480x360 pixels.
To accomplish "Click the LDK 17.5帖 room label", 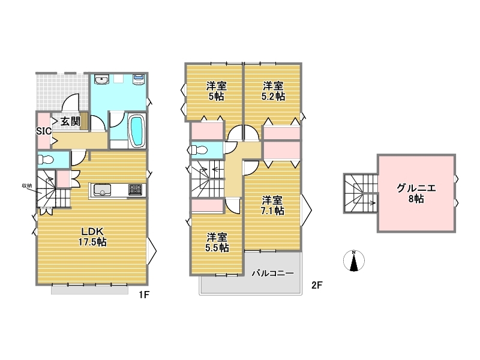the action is (92, 236).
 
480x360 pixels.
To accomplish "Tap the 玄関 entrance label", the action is (70, 121).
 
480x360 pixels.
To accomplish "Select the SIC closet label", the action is (44, 131).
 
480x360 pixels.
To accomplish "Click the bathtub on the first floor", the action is (137, 131).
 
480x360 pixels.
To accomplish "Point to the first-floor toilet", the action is (46, 160).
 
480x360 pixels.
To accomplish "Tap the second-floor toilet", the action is (199, 150).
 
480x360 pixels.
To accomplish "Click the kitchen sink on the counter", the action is (102, 190).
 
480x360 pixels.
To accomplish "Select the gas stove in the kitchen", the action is (136, 190).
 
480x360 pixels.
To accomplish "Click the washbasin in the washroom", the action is (101, 80).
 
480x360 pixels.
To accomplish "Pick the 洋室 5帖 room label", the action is (217, 91).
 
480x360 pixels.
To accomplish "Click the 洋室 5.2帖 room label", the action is (273, 91).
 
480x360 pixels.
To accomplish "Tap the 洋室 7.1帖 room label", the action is (272, 205).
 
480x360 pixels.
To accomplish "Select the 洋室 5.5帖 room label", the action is (217, 242).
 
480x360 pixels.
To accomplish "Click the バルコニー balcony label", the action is (273, 273).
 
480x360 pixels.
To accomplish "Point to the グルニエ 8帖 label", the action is (416, 193).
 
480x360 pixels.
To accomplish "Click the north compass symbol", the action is (354, 260).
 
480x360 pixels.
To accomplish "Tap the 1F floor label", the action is (144, 295).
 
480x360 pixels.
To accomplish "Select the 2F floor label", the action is (317, 286).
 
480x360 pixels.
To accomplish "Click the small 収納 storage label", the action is (27, 185).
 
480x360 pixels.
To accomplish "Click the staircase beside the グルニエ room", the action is (361, 193).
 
